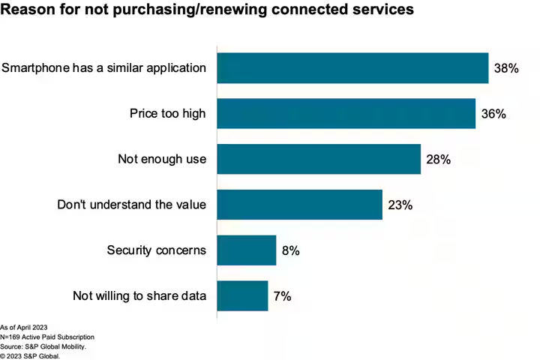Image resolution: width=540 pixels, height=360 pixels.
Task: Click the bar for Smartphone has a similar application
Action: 352,67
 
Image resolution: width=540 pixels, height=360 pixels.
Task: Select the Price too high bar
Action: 346,113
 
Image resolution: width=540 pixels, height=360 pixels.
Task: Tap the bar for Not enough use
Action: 319,159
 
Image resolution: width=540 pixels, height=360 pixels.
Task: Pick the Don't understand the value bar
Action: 299,204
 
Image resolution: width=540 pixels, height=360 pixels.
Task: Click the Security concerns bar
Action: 247,250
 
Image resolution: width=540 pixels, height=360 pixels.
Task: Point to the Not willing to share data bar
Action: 242,295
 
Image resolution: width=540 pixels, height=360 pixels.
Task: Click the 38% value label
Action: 506,68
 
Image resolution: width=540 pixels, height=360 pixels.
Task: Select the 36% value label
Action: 493,114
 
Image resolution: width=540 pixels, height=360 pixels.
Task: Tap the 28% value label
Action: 439,160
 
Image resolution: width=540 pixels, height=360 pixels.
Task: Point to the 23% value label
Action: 400,205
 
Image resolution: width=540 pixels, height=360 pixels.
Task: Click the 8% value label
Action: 291,250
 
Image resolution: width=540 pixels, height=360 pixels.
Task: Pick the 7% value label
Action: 282,296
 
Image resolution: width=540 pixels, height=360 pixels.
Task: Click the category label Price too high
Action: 167,114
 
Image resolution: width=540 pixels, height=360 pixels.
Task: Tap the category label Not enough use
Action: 161,160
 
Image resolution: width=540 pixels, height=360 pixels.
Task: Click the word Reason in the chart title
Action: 30,10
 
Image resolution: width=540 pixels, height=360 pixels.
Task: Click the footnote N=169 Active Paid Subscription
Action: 47,337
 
